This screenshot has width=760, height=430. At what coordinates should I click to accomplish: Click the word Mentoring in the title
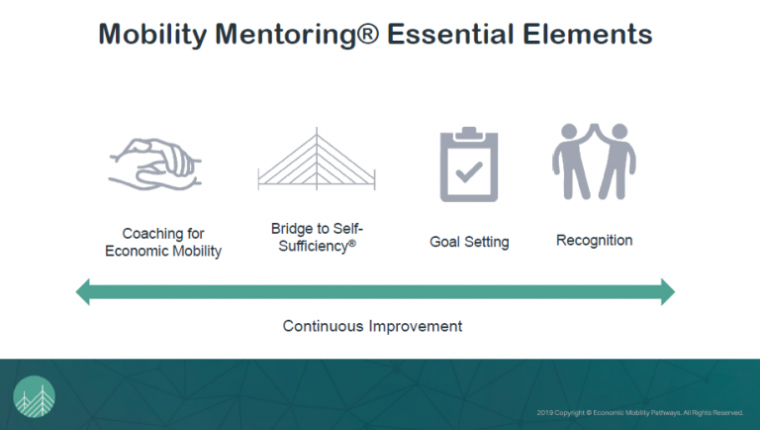click(295, 34)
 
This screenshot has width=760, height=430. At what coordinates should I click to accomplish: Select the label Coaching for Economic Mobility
click(164, 243)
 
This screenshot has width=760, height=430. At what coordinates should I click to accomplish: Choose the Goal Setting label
click(469, 241)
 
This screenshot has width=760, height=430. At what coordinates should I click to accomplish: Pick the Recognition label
click(594, 240)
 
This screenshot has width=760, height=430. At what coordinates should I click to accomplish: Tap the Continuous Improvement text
click(372, 325)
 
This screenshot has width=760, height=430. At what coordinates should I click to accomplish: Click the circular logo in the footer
click(35, 397)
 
